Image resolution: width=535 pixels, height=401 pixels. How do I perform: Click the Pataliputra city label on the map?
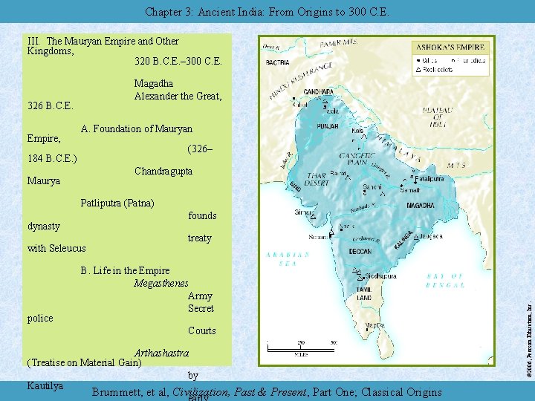[428, 179]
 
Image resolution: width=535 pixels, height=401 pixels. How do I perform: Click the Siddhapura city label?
[380, 276]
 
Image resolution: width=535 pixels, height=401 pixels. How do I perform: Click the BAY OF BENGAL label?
[445, 280]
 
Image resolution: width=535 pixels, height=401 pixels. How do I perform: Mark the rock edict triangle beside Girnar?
[314, 215]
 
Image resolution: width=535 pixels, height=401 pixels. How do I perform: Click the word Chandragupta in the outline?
[163, 172]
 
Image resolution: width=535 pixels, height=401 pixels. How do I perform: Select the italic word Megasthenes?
[160, 283]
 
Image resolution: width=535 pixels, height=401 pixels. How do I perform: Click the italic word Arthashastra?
[161, 353]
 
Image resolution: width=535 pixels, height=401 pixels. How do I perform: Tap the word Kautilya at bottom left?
[44, 385]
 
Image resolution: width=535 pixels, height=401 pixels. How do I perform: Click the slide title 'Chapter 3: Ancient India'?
[266, 12]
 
